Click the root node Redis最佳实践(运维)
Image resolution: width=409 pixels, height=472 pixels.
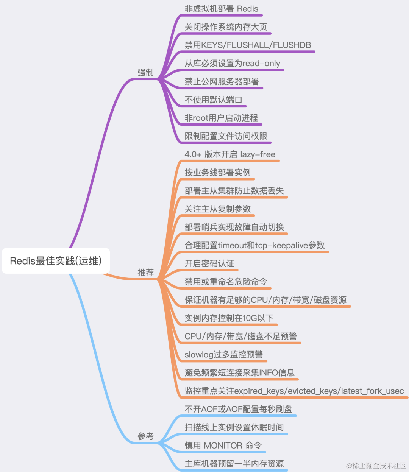click(x=56, y=261)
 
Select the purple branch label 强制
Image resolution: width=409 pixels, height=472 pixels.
click(x=145, y=72)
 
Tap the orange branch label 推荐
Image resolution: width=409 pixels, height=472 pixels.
click(x=145, y=273)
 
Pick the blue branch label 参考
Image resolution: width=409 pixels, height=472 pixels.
click(x=145, y=436)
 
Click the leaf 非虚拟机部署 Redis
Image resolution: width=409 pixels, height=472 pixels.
click(x=221, y=9)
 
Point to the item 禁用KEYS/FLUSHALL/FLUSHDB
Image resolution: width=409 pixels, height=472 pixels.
click(x=248, y=45)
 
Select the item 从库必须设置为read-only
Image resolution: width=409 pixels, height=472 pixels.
click(x=232, y=63)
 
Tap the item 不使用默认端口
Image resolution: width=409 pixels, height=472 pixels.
click(x=213, y=100)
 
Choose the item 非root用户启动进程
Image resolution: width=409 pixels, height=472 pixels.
click(x=221, y=118)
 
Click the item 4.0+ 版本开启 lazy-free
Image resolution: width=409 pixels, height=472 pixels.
click(x=230, y=154)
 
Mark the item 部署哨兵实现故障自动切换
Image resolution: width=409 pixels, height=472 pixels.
click(x=234, y=227)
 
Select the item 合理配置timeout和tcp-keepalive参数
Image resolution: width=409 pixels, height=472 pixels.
click(x=254, y=245)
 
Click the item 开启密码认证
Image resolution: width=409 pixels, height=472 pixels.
click(x=209, y=263)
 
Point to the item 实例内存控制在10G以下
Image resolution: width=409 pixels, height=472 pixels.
click(x=229, y=318)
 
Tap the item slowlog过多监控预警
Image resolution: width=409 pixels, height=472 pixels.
click(x=223, y=354)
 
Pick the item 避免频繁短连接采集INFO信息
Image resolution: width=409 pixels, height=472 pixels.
click(x=239, y=373)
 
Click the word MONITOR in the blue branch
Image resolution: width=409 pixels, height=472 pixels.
click(x=223, y=446)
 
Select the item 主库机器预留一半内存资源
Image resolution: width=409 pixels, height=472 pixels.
click(x=234, y=464)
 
